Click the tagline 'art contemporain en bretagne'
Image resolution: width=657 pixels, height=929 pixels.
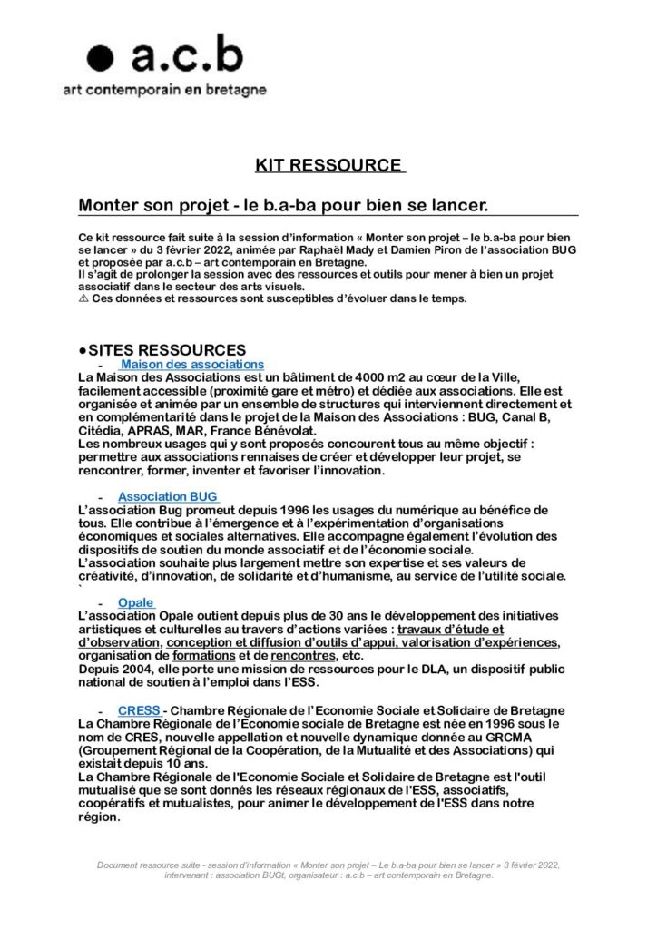163,90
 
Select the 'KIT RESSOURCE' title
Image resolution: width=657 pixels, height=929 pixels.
328,165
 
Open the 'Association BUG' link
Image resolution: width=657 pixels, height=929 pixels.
168,497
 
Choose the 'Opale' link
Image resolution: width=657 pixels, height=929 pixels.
135,602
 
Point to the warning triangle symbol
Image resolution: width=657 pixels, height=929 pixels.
83,299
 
